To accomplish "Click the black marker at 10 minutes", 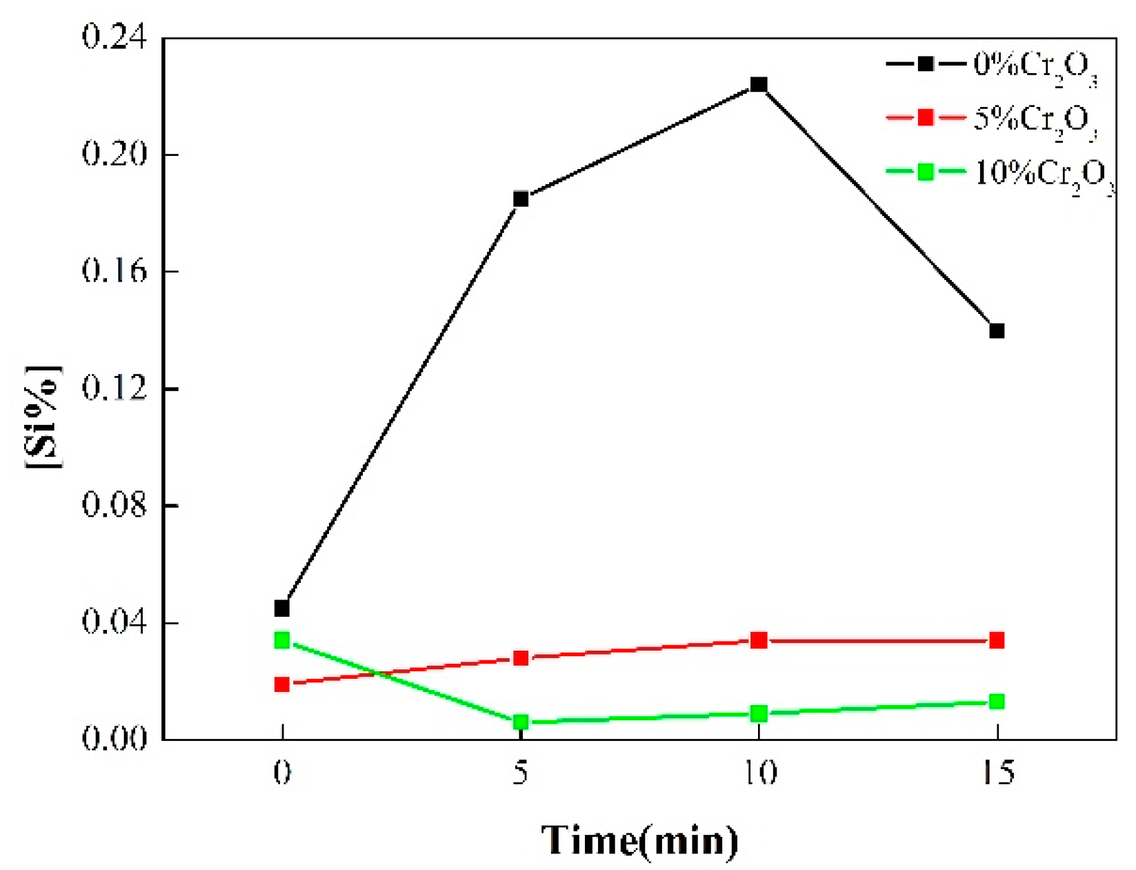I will [759, 85].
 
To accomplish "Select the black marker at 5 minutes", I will [521, 199].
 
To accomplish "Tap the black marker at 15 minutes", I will [997, 331].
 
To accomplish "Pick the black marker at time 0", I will [281, 609].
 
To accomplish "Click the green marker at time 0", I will [281, 641].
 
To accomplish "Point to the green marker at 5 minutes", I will [521, 722].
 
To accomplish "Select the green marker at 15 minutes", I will [997, 702].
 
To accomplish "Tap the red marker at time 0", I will [281, 684].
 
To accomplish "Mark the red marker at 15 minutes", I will [997, 641].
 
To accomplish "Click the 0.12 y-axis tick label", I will [114, 388].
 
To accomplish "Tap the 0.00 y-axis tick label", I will [114, 739].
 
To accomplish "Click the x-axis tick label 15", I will [997, 772].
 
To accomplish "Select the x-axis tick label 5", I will [521, 772].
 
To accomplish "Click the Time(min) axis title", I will [639, 840].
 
